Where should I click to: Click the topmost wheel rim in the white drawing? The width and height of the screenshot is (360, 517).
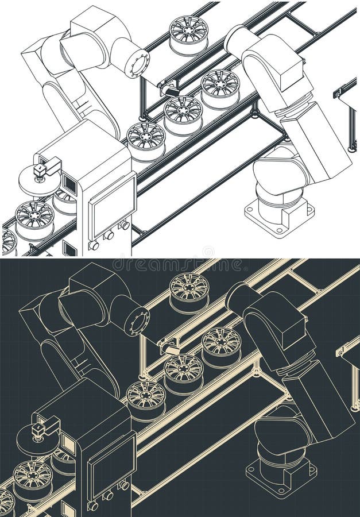tap(189, 32)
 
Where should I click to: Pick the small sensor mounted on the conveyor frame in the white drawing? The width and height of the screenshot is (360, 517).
tap(170, 88)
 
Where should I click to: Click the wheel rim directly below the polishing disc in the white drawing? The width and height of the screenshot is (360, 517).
tap(34, 218)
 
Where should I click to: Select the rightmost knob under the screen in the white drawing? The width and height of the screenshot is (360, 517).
tap(125, 225)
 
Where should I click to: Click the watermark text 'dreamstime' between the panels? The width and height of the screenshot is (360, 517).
tap(180, 265)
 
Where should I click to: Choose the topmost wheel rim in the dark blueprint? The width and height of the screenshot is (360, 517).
tap(189, 290)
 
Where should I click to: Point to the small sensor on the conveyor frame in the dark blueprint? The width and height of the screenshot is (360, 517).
tap(170, 346)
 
